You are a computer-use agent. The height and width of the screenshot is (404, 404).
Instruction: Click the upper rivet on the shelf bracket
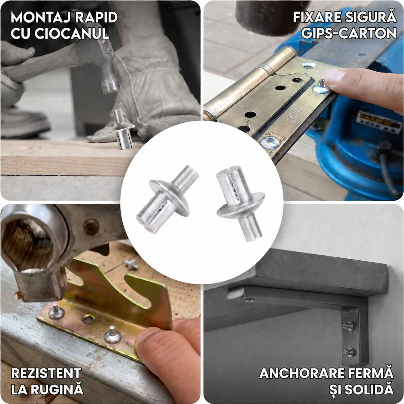click(348, 326)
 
